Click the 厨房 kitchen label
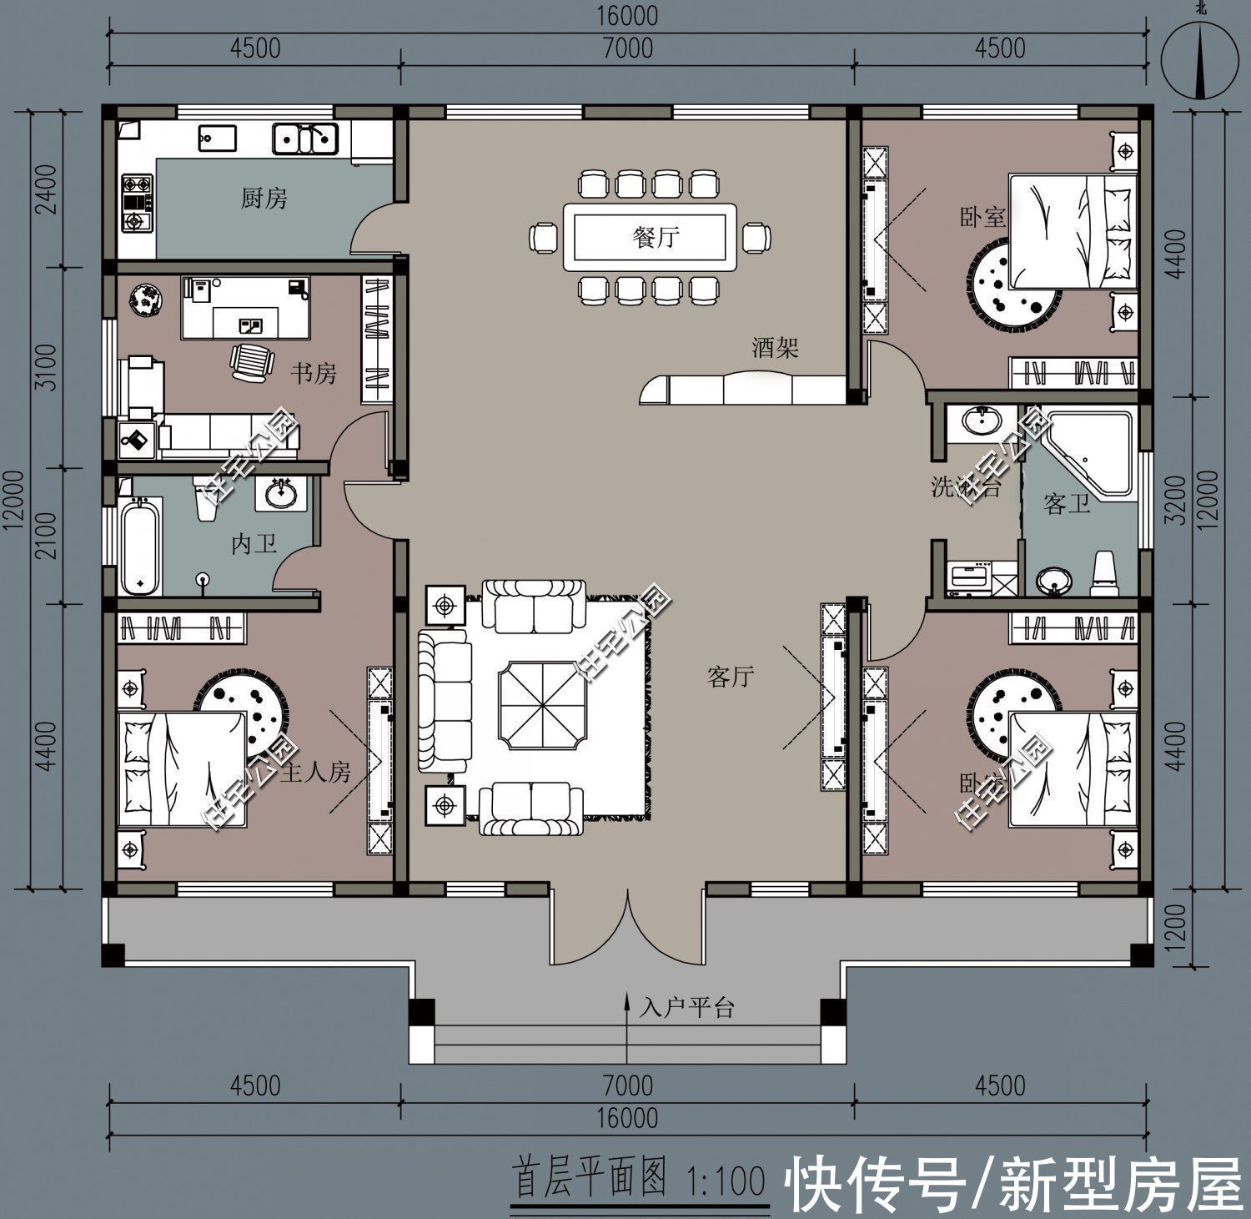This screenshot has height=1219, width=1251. tap(264, 199)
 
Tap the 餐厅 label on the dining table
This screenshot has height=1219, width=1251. tap(656, 237)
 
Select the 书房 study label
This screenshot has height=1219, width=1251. tap(313, 373)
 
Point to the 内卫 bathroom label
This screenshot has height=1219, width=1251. tap(254, 545)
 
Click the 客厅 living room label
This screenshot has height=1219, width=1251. tap(731, 677)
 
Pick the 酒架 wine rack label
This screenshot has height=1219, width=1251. tap(775, 347)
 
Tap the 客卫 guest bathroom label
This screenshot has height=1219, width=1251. tap(1067, 504)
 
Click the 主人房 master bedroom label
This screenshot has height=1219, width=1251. tap(315, 773)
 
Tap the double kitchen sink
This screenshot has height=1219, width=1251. tap(305, 139)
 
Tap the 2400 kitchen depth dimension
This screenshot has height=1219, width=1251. tap(47, 189)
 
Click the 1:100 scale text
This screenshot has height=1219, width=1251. tap(724, 1181)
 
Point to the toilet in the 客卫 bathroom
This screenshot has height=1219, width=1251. tap(1104, 573)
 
